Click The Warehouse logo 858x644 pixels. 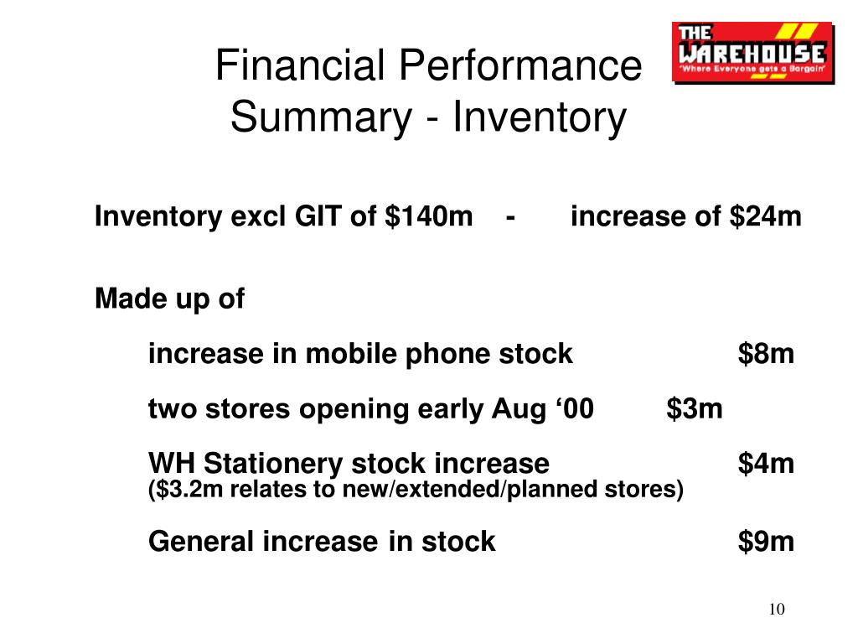[753, 53]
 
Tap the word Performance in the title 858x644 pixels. [519, 65]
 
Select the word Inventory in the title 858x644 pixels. [539, 117]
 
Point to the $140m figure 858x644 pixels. [428, 216]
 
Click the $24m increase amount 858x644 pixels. [765, 216]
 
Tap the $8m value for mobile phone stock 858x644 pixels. [766, 353]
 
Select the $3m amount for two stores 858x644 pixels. [695, 408]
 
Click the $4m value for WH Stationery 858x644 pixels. [766, 463]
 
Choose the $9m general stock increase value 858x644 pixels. [766, 541]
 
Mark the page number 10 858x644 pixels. [777, 609]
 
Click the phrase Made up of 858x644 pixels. [169, 299]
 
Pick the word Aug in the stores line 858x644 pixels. [513, 409]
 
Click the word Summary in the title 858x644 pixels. [321, 117]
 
